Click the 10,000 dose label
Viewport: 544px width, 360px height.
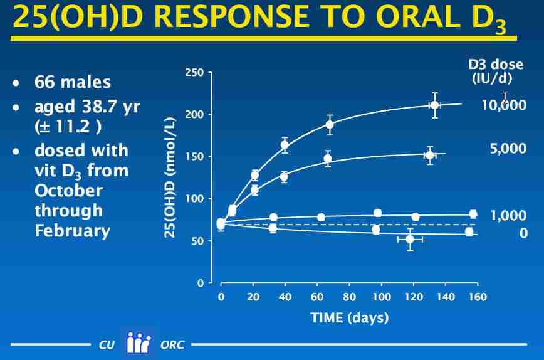[x=503, y=105]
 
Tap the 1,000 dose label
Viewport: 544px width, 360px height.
[x=508, y=216]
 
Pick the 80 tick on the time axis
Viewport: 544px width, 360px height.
[x=350, y=297]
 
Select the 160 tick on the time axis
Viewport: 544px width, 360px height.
[x=478, y=297]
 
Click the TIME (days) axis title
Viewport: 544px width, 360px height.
[x=349, y=317]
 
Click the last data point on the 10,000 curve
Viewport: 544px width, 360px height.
[x=434, y=105]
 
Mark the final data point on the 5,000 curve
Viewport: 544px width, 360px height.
[x=430, y=155]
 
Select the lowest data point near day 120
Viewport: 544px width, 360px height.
[x=410, y=239]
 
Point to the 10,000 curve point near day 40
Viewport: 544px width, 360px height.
[x=285, y=145]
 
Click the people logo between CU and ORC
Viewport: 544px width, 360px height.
[x=139, y=343]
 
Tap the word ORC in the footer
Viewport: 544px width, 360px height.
[x=172, y=345]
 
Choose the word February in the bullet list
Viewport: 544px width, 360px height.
[x=73, y=230]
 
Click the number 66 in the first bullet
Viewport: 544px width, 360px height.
[x=45, y=82]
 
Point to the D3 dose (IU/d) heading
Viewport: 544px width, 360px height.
[x=496, y=71]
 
